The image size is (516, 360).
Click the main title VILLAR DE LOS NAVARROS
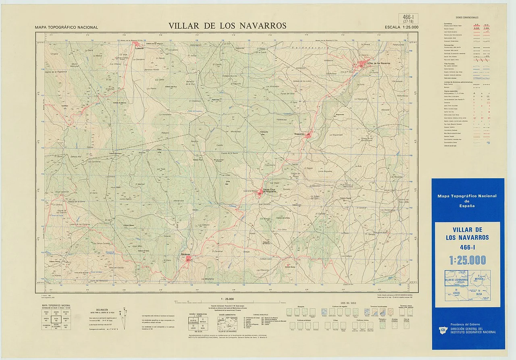click(x=227, y=26)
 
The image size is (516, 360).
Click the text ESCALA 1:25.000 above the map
click(x=402, y=27)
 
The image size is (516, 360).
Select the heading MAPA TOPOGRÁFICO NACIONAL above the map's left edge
click(x=67, y=27)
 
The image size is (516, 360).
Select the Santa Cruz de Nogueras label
click(x=270, y=191)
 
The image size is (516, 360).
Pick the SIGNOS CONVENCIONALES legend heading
click(x=467, y=18)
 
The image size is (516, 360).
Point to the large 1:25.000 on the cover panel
click(x=468, y=260)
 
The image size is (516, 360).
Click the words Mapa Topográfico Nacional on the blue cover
click(x=467, y=196)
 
